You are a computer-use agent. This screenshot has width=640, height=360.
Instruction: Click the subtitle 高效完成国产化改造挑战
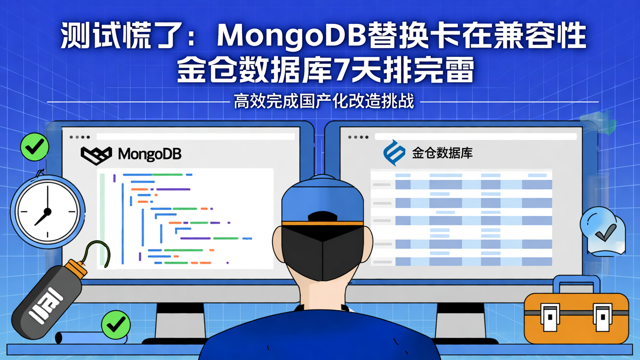[324, 101]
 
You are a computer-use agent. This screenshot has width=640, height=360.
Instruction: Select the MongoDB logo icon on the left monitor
[96, 155]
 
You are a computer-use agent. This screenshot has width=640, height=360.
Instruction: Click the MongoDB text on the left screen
[150, 154]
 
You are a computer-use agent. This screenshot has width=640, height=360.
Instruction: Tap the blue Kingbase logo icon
[394, 152]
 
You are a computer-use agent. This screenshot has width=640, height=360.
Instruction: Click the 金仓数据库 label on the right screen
[442, 153]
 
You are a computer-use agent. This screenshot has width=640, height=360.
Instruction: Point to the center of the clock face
[47, 212]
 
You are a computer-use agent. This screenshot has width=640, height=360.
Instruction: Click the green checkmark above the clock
[34, 147]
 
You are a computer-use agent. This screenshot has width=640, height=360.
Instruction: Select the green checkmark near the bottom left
[116, 324]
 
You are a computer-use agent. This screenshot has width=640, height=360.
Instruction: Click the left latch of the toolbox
[550, 317]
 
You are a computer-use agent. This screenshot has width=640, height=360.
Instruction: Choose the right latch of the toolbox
[603, 317]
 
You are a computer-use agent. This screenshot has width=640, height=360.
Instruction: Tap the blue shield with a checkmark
[604, 231]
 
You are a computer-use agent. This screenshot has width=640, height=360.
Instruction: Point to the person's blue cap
[322, 200]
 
